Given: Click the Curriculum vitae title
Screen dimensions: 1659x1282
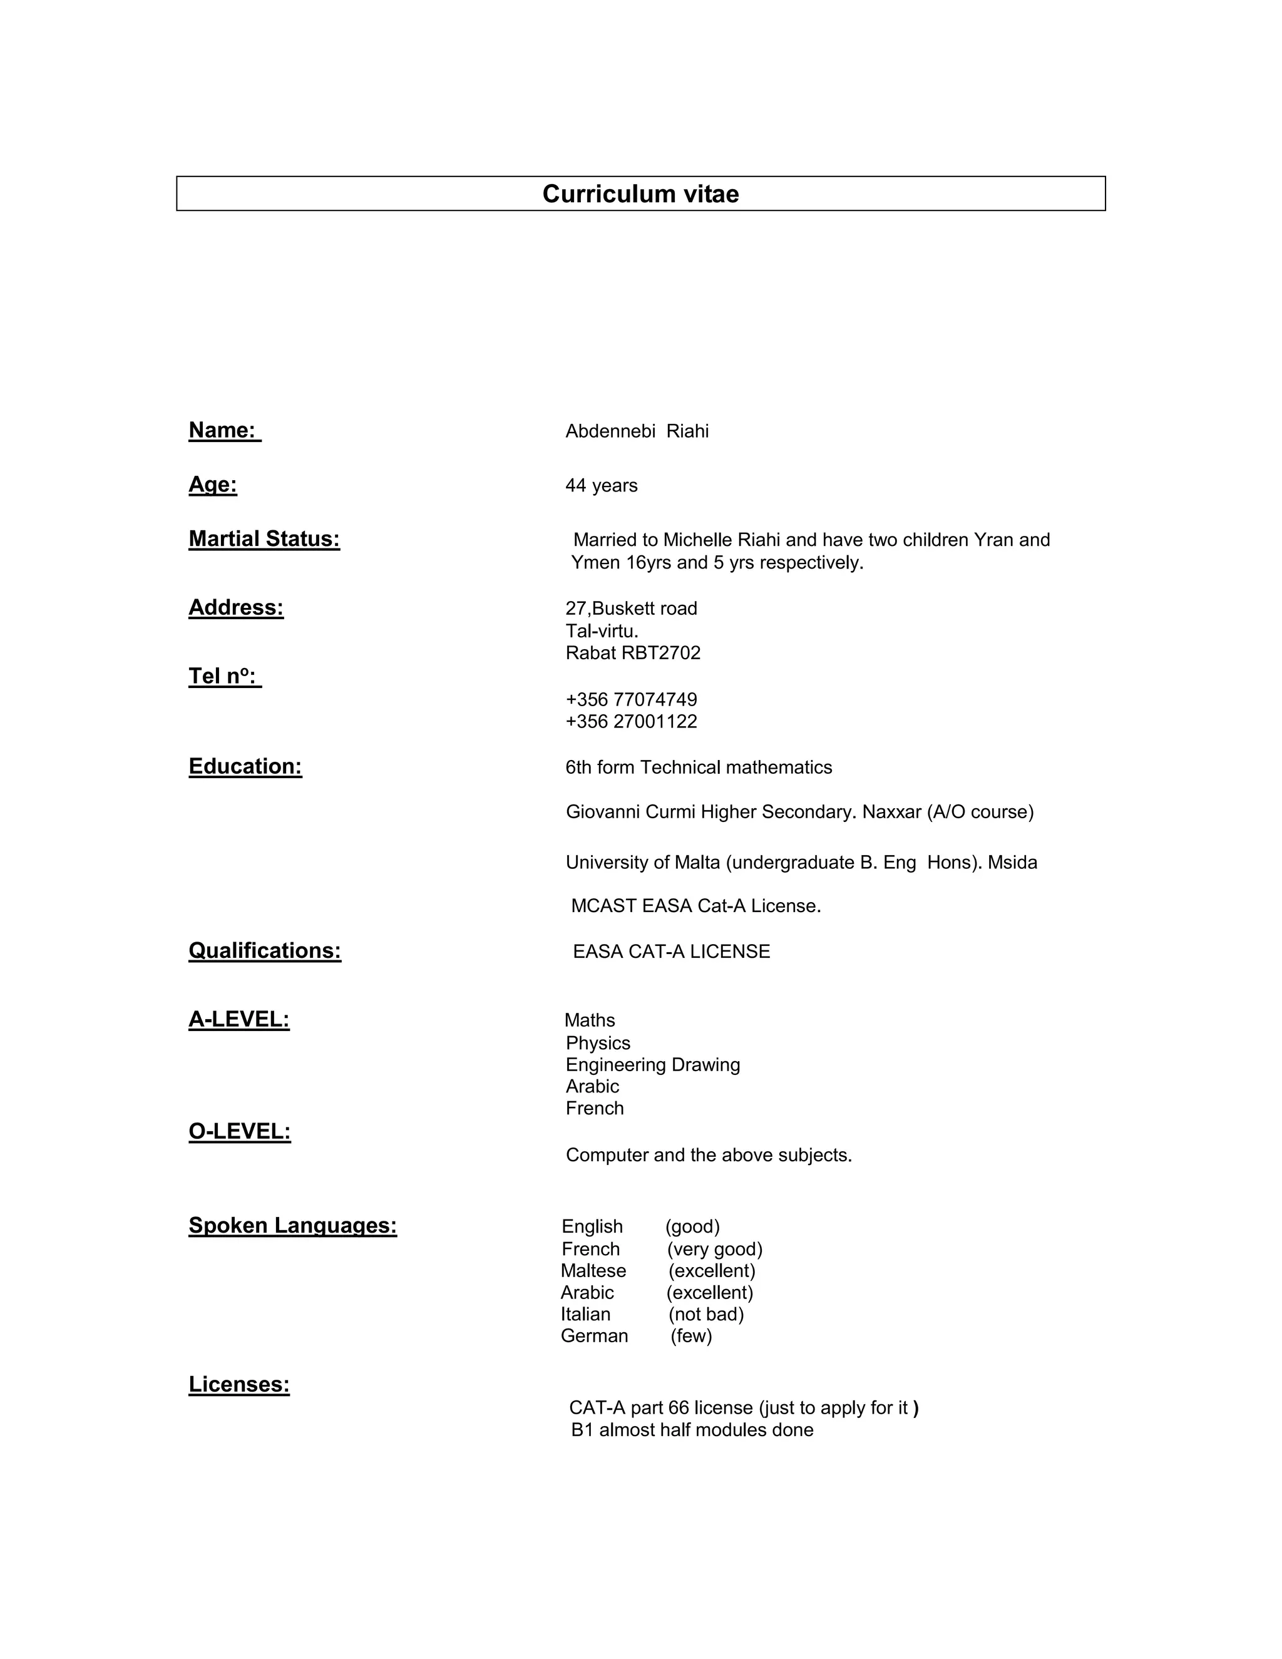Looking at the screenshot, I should pos(640,193).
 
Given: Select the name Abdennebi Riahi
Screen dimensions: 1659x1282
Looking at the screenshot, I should pos(637,431).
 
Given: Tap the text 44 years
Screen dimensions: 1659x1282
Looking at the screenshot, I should pos(601,485).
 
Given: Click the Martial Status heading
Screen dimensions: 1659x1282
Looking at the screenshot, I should pos(264,539).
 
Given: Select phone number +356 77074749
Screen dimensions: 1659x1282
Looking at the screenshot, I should pos(631,700).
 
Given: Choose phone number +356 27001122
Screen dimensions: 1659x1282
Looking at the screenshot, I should pos(631,722).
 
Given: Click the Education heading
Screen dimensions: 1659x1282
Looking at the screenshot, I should pos(245,766).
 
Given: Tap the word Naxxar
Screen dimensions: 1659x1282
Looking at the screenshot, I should pos(891,812).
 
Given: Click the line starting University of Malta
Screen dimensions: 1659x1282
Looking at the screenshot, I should pos(801,863).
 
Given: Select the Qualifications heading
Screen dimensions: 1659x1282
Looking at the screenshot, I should pos(264,951).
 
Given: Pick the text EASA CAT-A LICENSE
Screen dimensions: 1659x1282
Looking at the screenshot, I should pos(672,952).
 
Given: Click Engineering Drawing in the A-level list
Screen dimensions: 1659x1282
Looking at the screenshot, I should pos(652,1065).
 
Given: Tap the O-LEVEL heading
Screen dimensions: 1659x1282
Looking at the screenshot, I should pos(239,1132).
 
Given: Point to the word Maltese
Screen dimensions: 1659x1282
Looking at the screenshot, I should pos(593,1271).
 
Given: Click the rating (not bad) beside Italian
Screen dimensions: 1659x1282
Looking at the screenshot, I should pos(705,1314).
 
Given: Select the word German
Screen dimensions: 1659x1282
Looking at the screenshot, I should pos(594,1336).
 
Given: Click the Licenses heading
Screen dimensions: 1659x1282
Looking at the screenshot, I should pos(238,1385).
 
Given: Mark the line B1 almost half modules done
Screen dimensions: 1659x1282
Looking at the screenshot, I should pos(692,1430).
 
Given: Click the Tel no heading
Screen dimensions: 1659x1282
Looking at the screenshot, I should pos(224,676).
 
